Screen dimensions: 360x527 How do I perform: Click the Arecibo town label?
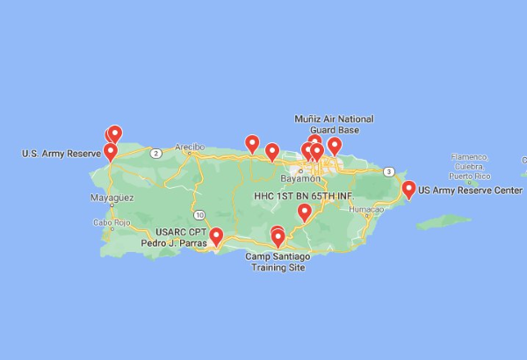tap(189, 147)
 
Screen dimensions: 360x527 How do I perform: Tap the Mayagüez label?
tap(112, 198)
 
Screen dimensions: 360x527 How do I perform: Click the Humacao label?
tap(366, 210)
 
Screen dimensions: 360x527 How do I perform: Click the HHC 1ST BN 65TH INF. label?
tap(303, 194)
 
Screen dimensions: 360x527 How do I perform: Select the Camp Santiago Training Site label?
tap(277, 262)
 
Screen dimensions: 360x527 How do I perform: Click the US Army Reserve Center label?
tap(470, 190)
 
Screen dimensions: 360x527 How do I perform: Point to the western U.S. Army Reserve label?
tap(61, 154)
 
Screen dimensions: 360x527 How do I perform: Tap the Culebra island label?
tap(470, 165)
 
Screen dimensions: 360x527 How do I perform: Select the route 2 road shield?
tap(155, 153)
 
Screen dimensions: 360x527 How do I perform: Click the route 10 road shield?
tap(200, 214)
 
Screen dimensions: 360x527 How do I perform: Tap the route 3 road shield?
tap(388, 171)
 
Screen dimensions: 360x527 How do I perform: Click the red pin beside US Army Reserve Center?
tap(408, 187)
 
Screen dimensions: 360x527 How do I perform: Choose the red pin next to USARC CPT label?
tap(216, 235)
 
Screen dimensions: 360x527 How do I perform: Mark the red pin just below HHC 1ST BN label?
tap(305, 211)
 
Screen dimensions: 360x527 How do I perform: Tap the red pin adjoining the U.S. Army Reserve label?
tap(111, 151)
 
